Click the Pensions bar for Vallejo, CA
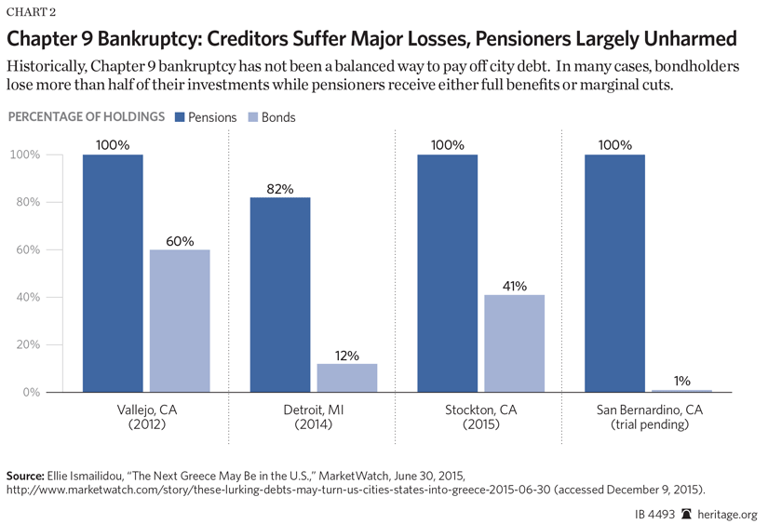[x=113, y=273]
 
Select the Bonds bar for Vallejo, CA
[x=180, y=320]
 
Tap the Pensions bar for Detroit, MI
[x=280, y=294]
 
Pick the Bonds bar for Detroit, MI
[x=347, y=377]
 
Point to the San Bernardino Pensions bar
[x=615, y=273]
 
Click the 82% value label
[x=280, y=189]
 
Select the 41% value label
[x=515, y=287]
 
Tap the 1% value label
[x=682, y=382]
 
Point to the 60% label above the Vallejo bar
[x=180, y=241]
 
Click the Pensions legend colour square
[x=180, y=117]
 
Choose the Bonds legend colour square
[x=252, y=117]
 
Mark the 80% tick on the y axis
[x=25, y=202]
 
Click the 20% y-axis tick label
[x=25, y=344]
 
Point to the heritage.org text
[x=728, y=513]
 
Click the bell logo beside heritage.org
[x=686, y=513]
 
